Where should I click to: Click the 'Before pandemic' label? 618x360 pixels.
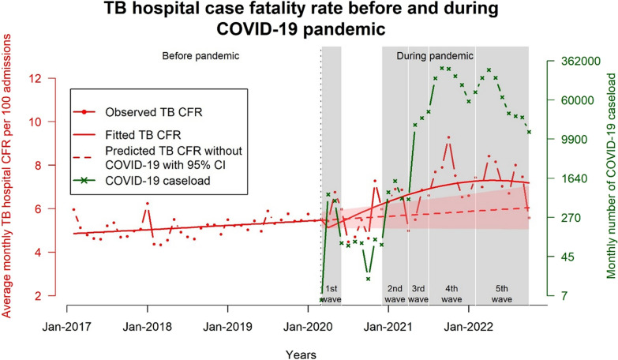click(x=200, y=56)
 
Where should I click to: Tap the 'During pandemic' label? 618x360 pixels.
click(x=434, y=56)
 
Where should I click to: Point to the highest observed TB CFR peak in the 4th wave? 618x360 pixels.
click(x=448, y=137)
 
